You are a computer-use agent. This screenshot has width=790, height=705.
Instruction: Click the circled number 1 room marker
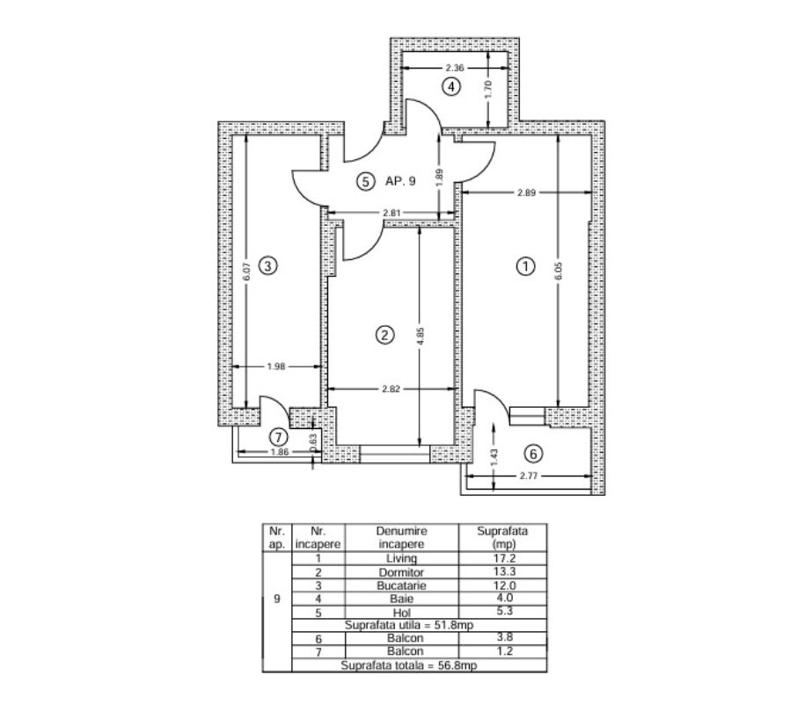click(x=525, y=265)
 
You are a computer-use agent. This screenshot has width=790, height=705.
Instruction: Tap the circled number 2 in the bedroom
click(x=385, y=335)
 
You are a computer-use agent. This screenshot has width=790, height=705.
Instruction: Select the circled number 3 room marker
click(x=267, y=265)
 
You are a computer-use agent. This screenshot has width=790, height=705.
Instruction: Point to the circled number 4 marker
click(x=451, y=87)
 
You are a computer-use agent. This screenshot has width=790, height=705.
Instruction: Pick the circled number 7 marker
click(x=279, y=437)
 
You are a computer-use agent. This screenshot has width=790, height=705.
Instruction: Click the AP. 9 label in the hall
click(x=400, y=181)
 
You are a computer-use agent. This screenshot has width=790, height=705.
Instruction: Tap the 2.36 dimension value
click(x=455, y=68)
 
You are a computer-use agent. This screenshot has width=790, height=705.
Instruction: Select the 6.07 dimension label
click(x=246, y=272)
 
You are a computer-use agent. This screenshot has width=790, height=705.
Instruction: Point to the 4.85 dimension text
click(x=421, y=336)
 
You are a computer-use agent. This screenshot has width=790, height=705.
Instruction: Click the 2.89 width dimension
click(x=526, y=193)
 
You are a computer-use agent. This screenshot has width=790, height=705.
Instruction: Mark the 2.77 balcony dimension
click(x=529, y=475)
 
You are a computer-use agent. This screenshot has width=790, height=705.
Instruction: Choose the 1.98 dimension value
click(x=276, y=367)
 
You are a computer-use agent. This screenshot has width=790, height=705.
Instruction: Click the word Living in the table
click(x=401, y=558)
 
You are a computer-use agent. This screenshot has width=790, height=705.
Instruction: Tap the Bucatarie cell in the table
click(x=401, y=585)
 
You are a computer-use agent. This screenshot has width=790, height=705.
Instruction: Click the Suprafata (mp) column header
click(x=502, y=537)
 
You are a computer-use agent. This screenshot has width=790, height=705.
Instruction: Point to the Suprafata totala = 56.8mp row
click(x=408, y=665)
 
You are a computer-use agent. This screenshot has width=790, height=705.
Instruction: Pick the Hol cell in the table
click(x=401, y=613)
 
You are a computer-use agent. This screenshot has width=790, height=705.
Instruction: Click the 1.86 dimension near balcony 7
click(x=280, y=452)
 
